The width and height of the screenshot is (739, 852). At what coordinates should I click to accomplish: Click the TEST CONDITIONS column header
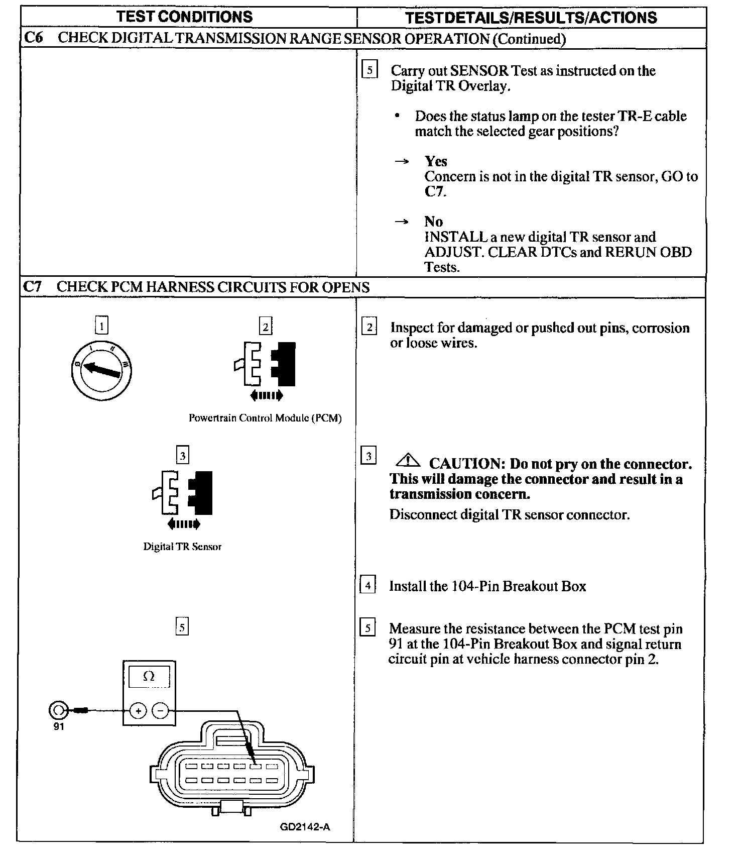pyautogui.click(x=185, y=17)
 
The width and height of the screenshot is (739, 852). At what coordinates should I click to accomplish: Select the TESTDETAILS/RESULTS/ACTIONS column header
pyautogui.click(x=531, y=18)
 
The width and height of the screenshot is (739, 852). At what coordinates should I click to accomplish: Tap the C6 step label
pyautogui.click(x=34, y=38)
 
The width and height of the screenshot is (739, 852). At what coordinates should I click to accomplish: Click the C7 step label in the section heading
pyautogui.click(x=33, y=287)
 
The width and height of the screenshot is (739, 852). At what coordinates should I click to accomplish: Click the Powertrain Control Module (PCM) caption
pyautogui.click(x=265, y=418)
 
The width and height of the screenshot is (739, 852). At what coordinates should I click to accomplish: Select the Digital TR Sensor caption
pyautogui.click(x=182, y=547)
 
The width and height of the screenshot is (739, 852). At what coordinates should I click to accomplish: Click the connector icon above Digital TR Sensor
pyautogui.click(x=183, y=494)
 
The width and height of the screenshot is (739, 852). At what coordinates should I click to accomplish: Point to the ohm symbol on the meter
pyautogui.click(x=149, y=677)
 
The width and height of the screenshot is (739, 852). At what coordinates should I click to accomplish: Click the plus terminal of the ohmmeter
pyautogui.click(x=138, y=710)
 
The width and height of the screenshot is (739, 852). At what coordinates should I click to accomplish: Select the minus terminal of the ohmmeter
pyautogui.click(x=160, y=710)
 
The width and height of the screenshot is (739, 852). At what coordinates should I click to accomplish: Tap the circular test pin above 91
pyautogui.click(x=58, y=710)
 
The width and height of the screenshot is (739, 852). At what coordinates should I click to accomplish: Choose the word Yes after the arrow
pyautogui.click(x=436, y=161)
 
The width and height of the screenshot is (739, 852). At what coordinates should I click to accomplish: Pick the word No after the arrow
pyautogui.click(x=433, y=222)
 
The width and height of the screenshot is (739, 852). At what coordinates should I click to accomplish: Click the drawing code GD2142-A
pyautogui.click(x=305, y=826)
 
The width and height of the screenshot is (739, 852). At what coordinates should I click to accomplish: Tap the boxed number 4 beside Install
pyautogui.click(x=368, y=586)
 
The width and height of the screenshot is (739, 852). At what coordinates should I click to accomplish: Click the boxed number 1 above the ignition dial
pyautogui.click(x=101, y=326)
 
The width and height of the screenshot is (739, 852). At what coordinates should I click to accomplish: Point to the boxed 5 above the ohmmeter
pyautogui.click(x=182, y=627)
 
